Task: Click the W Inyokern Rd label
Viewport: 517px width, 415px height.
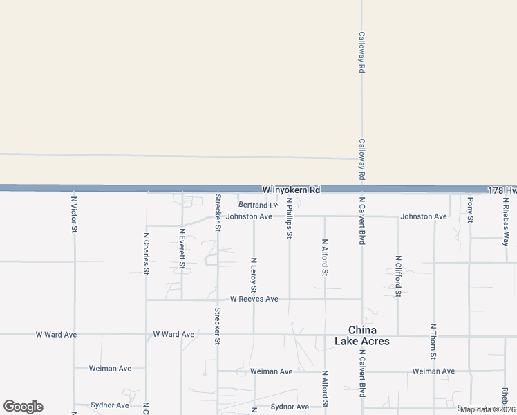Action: (x=291, y=190)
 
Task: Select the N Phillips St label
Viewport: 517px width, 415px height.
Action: (x=290, y=219)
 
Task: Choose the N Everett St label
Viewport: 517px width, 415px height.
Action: (x=182, y=248)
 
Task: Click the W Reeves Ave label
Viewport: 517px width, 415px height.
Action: (x=254, y=299)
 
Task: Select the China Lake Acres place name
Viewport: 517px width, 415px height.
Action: (x=362, y=335)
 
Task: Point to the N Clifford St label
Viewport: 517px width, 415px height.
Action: (x=398, y=276)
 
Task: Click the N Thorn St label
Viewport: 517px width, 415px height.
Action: (x=433, y=341)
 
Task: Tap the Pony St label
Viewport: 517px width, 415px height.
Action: (x=470, y=210)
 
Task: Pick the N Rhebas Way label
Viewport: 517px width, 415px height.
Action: (x=506, y=220)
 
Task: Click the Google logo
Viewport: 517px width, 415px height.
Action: (x=23, y=407)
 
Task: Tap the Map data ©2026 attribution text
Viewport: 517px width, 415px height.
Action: (x=487, y=409)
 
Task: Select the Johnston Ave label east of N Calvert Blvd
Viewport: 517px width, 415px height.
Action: (x=424, y=216)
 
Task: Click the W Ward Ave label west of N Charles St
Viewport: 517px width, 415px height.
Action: (x=56, y=335)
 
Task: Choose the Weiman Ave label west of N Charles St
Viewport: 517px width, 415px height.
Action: (x=110, y=369)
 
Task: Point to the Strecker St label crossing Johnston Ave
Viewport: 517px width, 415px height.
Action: (x=218, y=212)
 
